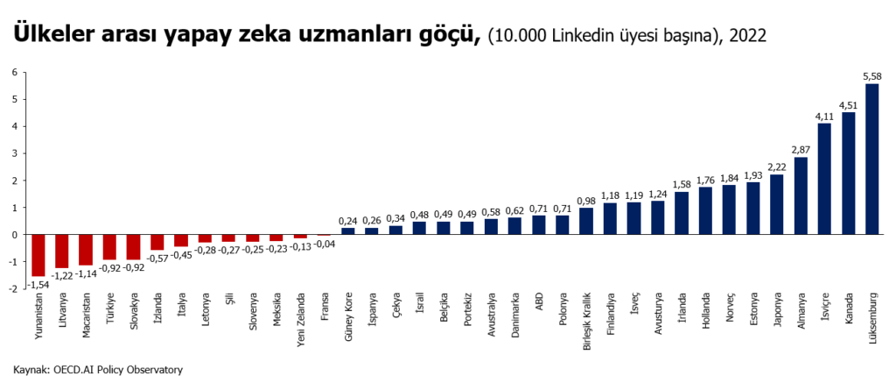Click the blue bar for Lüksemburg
coord(871,159)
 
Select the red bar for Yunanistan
coord(38,255)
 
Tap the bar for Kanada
coord(848,174)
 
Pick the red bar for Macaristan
coord(86,250)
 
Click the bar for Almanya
coord(801,195)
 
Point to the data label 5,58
coord(871,77)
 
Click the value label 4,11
coord(824,117)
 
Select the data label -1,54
coord(37,285)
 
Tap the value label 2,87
coord(801,150)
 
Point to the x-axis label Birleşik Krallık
coord(586,321)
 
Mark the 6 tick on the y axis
coord(15,73)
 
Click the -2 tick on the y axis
coord(13,289)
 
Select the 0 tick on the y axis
coord(15,235)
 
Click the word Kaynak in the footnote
coord(31,370)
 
